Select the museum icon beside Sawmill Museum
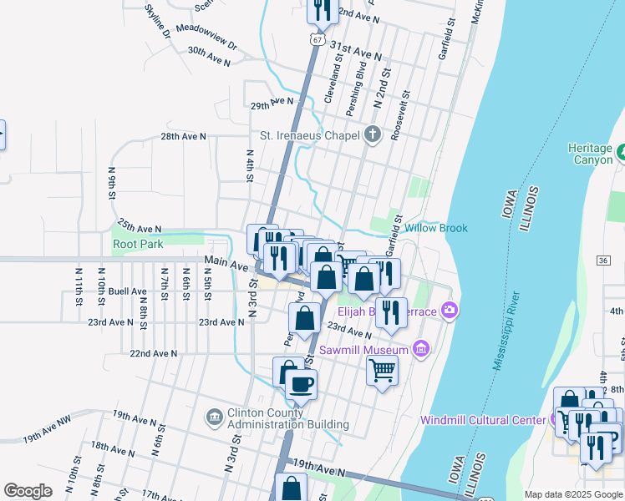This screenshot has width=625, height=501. [420, 348]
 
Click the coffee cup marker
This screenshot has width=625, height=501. [301, 384]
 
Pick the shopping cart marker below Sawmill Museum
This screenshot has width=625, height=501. [382, 370]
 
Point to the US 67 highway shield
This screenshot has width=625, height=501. [315, 39]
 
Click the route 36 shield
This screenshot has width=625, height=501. [602, 261]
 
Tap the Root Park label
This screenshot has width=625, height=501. [138, 244]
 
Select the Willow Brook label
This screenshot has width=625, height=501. [436, 227]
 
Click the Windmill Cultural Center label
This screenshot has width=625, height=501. [485, 420]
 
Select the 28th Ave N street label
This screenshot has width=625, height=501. [183, 136]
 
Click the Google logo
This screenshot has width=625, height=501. [28, 491]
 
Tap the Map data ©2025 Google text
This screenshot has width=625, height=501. [572, 494]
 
